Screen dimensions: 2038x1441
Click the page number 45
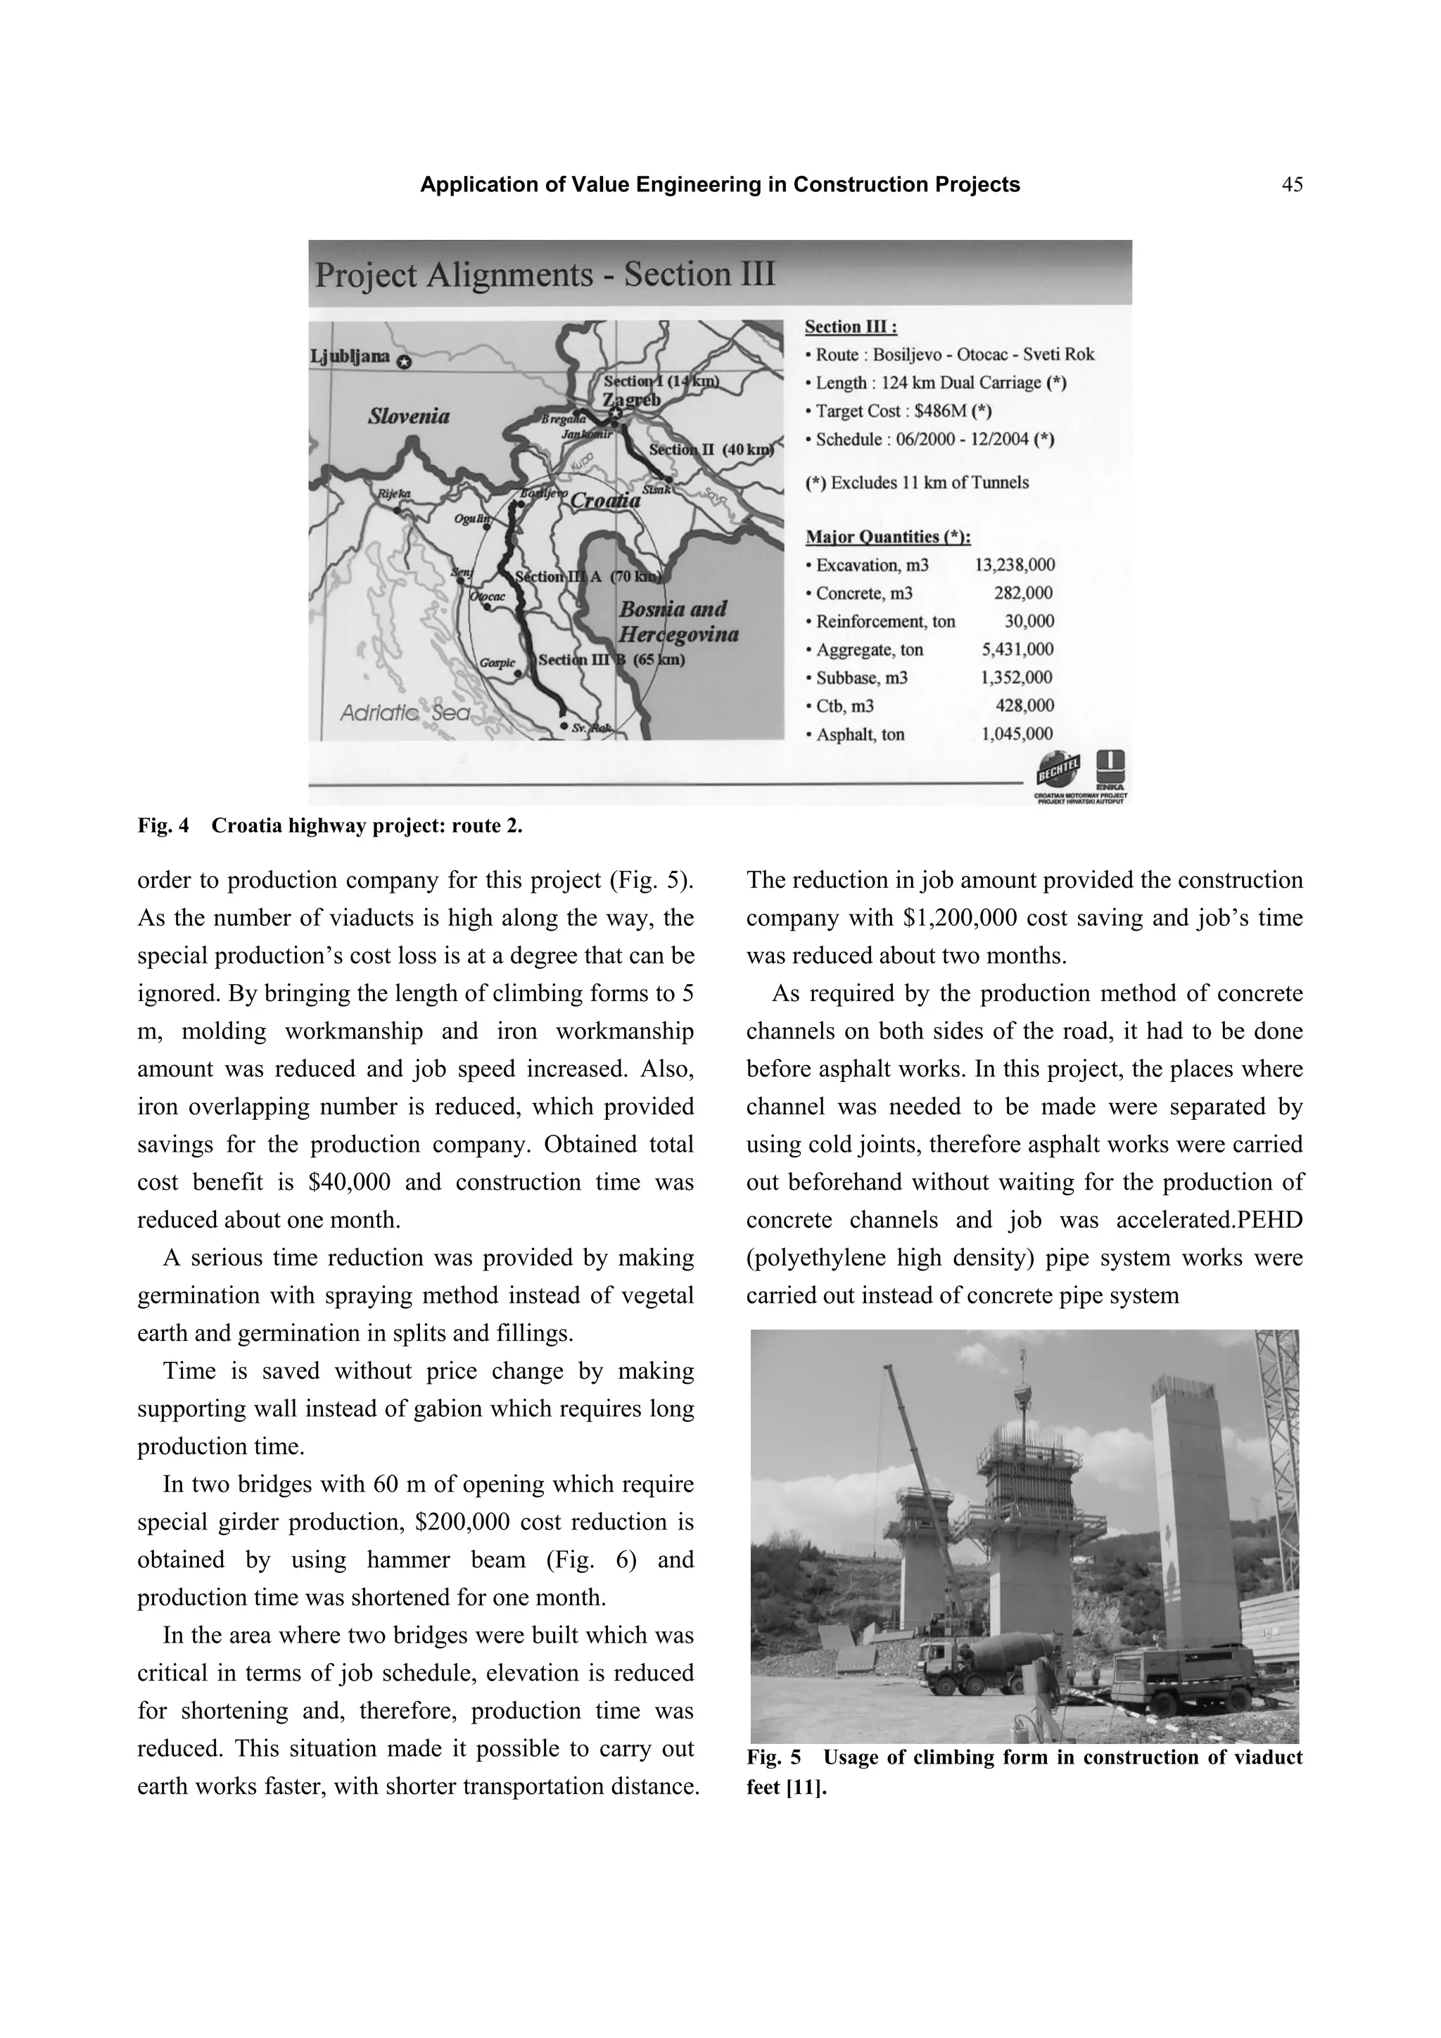[1292, 186]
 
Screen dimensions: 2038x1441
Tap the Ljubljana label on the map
[350, 357]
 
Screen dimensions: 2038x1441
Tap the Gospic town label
[496, 662]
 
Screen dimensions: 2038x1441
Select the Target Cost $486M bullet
[898, 411]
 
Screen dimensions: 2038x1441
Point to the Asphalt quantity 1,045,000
[1017, 734]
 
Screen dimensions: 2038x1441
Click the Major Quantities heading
[887, 537]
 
